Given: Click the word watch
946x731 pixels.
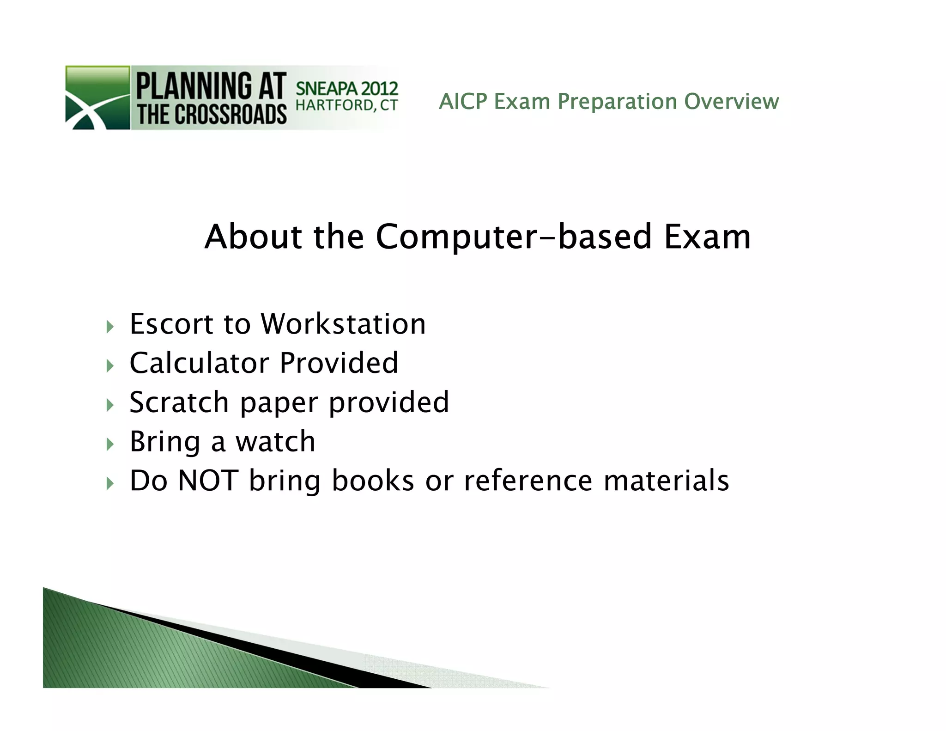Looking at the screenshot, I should (275, 441).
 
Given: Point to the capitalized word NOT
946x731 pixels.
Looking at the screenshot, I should (208, 481).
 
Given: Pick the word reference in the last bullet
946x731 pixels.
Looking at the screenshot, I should (528, 481).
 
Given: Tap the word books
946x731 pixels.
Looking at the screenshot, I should (373, 481).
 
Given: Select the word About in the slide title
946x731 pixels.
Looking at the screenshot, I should (253, 237).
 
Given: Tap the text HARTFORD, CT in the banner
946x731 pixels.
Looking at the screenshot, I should (346, 105).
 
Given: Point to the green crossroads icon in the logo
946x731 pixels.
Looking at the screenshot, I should (97, 97).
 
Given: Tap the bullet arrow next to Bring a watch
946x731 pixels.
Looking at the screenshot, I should (109, 445).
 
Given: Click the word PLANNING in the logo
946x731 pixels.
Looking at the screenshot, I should (194, 86).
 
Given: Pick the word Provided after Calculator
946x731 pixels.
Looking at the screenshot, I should (339, 363).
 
